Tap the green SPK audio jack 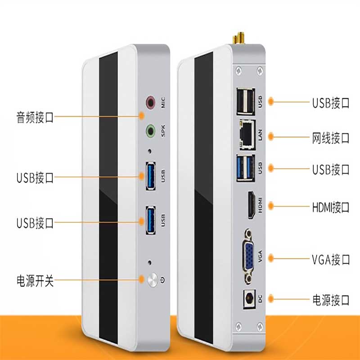(151, 131)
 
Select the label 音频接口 (35, 117)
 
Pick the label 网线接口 (331, 138)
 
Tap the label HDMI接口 (331, 207)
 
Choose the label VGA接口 (331, 259)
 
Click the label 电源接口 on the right (331, 299)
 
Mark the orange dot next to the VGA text (271, 258)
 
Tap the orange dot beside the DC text (271, 297)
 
